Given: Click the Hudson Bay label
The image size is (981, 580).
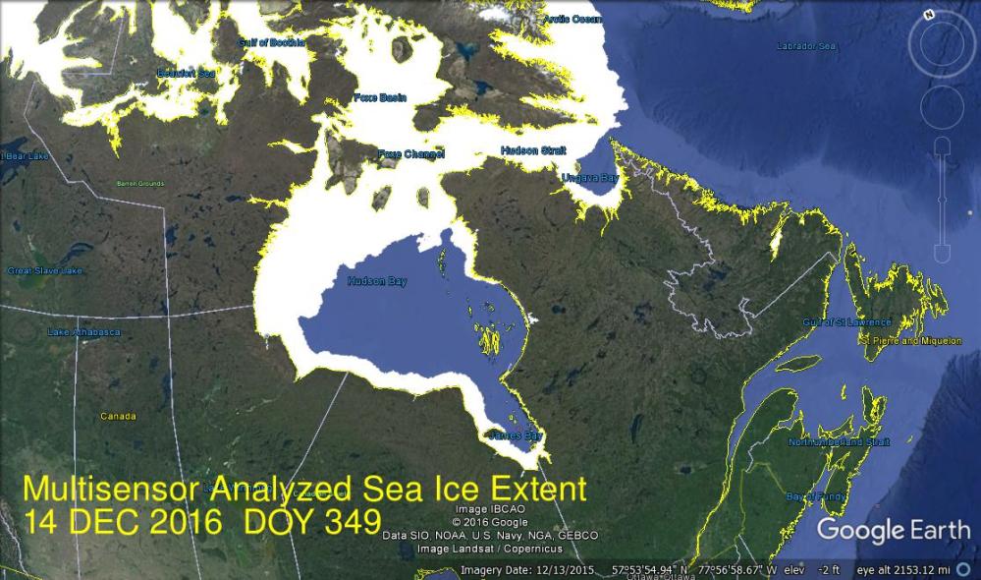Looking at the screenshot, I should coord(376,282).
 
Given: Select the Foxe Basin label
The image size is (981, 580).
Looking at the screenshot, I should coord(379,97).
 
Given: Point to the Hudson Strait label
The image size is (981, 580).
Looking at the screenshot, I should coord(533,150).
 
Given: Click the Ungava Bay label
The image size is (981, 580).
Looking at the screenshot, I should coord(589,178).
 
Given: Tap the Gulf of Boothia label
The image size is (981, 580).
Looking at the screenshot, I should coord(271,42).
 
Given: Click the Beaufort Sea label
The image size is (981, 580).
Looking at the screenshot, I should coord(186,74).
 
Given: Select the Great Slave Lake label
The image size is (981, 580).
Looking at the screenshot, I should coord(44,270).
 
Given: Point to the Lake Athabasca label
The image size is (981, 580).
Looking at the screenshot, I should coord(83,332).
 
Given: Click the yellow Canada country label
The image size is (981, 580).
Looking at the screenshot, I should coord(118,417).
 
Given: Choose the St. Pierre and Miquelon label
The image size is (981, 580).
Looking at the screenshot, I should coord(903,341).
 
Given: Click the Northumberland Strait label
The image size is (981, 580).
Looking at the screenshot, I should coord(839,442).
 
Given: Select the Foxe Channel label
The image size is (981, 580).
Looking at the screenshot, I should coord(411,154).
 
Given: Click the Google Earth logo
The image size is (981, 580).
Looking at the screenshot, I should coord(893,531).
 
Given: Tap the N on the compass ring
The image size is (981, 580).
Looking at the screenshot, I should coord(927,15).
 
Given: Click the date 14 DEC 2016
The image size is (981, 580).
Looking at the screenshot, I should coord(123,521).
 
